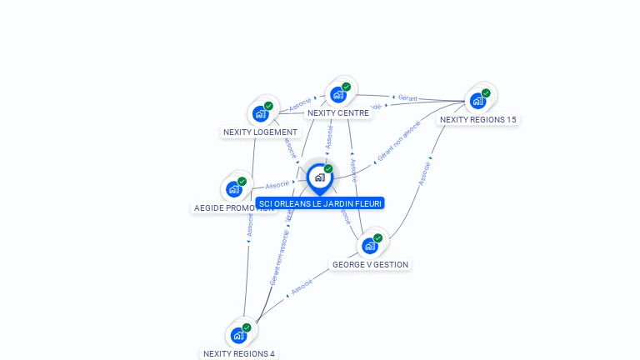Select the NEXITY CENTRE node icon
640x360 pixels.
[x=337, y=94]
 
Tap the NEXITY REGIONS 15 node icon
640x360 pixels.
[x=477, y=101]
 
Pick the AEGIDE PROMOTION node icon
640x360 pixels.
[x=234, y=188]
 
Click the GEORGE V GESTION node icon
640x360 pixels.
[x=370, y=246]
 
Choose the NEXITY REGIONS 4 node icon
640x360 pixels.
[x=238, y=335]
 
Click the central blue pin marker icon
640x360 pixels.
[x=319, y=177]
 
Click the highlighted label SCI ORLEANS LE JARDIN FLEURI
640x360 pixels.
[x=321, y=203]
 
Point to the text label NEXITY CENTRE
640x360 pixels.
[x=338, y=113]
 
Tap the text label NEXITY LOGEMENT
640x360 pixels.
[x=260, y=132]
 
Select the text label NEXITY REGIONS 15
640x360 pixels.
[x=478, y=120]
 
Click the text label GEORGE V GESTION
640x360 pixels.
[x=370, y=265]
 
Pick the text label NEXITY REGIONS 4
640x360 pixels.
[x=239, y=353]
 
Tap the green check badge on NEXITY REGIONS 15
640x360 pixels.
[x=486, y=92]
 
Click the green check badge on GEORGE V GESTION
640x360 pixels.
[x=377, y=238]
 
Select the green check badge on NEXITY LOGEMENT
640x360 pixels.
[x=268, y=106]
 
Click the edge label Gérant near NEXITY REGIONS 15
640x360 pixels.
[x=407, y=98]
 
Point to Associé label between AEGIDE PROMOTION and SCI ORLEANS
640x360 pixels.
[x=277, y=183]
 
